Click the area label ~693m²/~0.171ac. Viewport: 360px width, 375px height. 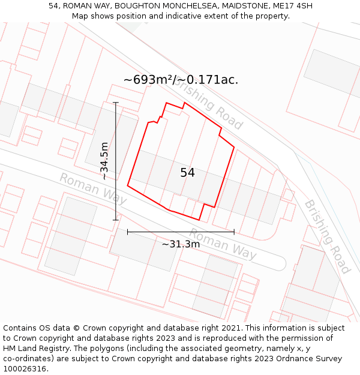pyautogui.click(x=181, y=80)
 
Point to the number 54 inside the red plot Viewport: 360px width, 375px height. pyautogui.click(x=187, y=173)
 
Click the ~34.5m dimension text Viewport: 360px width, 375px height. pyautogui.click(x=104, y=161)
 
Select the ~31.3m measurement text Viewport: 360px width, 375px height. pyautogui.click(x=181, y=244)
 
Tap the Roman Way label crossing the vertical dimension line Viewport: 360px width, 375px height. pyautogui.click(x=93, y=188)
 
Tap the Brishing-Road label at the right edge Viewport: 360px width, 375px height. pyautogui.click(x=327, y=236)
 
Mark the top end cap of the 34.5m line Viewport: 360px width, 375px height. pyautogui.click(x=116, y=103)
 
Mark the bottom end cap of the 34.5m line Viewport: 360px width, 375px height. pyautogui.click(x=116, y=220)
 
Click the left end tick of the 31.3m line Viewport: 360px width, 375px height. pyautogui.click(x=128, y=232)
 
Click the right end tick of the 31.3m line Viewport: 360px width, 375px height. pyautogui.click(x=234, y=232)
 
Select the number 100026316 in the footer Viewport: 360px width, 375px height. pyautogui.click(x=25, y=369)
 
